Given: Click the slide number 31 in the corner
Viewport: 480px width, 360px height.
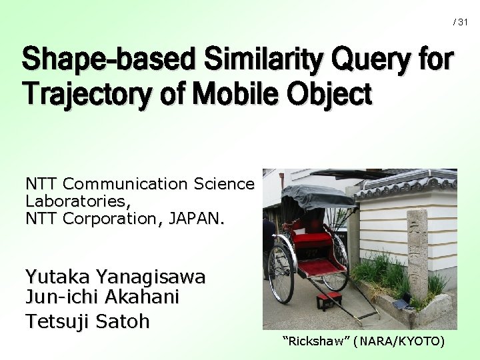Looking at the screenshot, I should (463, 23).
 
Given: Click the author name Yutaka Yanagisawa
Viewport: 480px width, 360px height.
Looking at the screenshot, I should (115, 277).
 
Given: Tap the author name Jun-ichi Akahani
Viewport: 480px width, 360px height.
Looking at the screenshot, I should (103, 298).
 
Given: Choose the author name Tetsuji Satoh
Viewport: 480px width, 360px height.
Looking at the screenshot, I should (87, 321).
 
